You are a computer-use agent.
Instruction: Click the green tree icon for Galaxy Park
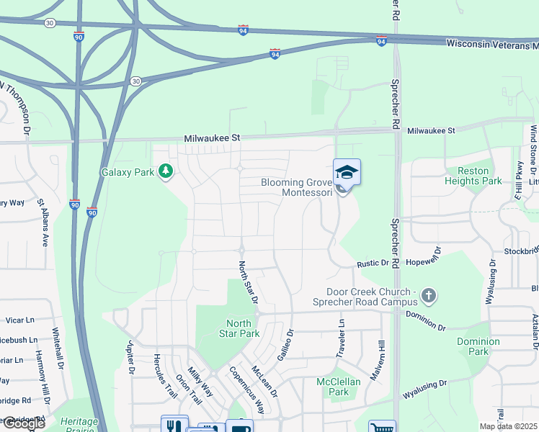[x=166, y=171]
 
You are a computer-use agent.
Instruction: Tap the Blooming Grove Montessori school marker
[x=347, y=174]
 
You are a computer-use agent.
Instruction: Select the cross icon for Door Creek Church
[x=429, y=295]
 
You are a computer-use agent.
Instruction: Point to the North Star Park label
[x=239, y=328]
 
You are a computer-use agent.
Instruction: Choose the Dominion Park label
[x=478, y=346]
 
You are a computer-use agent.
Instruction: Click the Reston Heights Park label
[x=473, y=176]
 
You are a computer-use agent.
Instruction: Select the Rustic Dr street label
[x=373, y=264]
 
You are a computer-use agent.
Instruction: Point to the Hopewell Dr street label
[x=437, y=259]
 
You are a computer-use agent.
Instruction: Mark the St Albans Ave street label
[x=43, y=224]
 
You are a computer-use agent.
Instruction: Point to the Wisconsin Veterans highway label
[x=491, y=43]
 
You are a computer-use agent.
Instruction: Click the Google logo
[x=23, y=423]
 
